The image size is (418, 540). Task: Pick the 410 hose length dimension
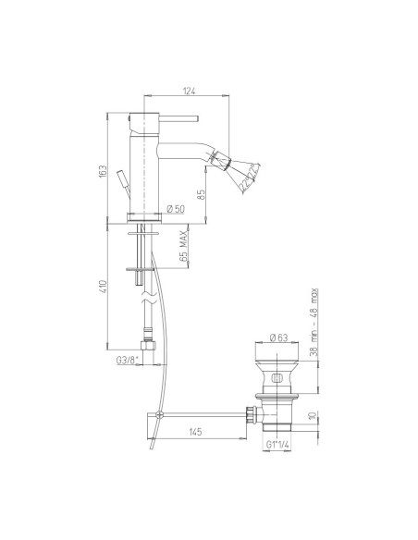104,292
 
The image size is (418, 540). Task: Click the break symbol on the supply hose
143,301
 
